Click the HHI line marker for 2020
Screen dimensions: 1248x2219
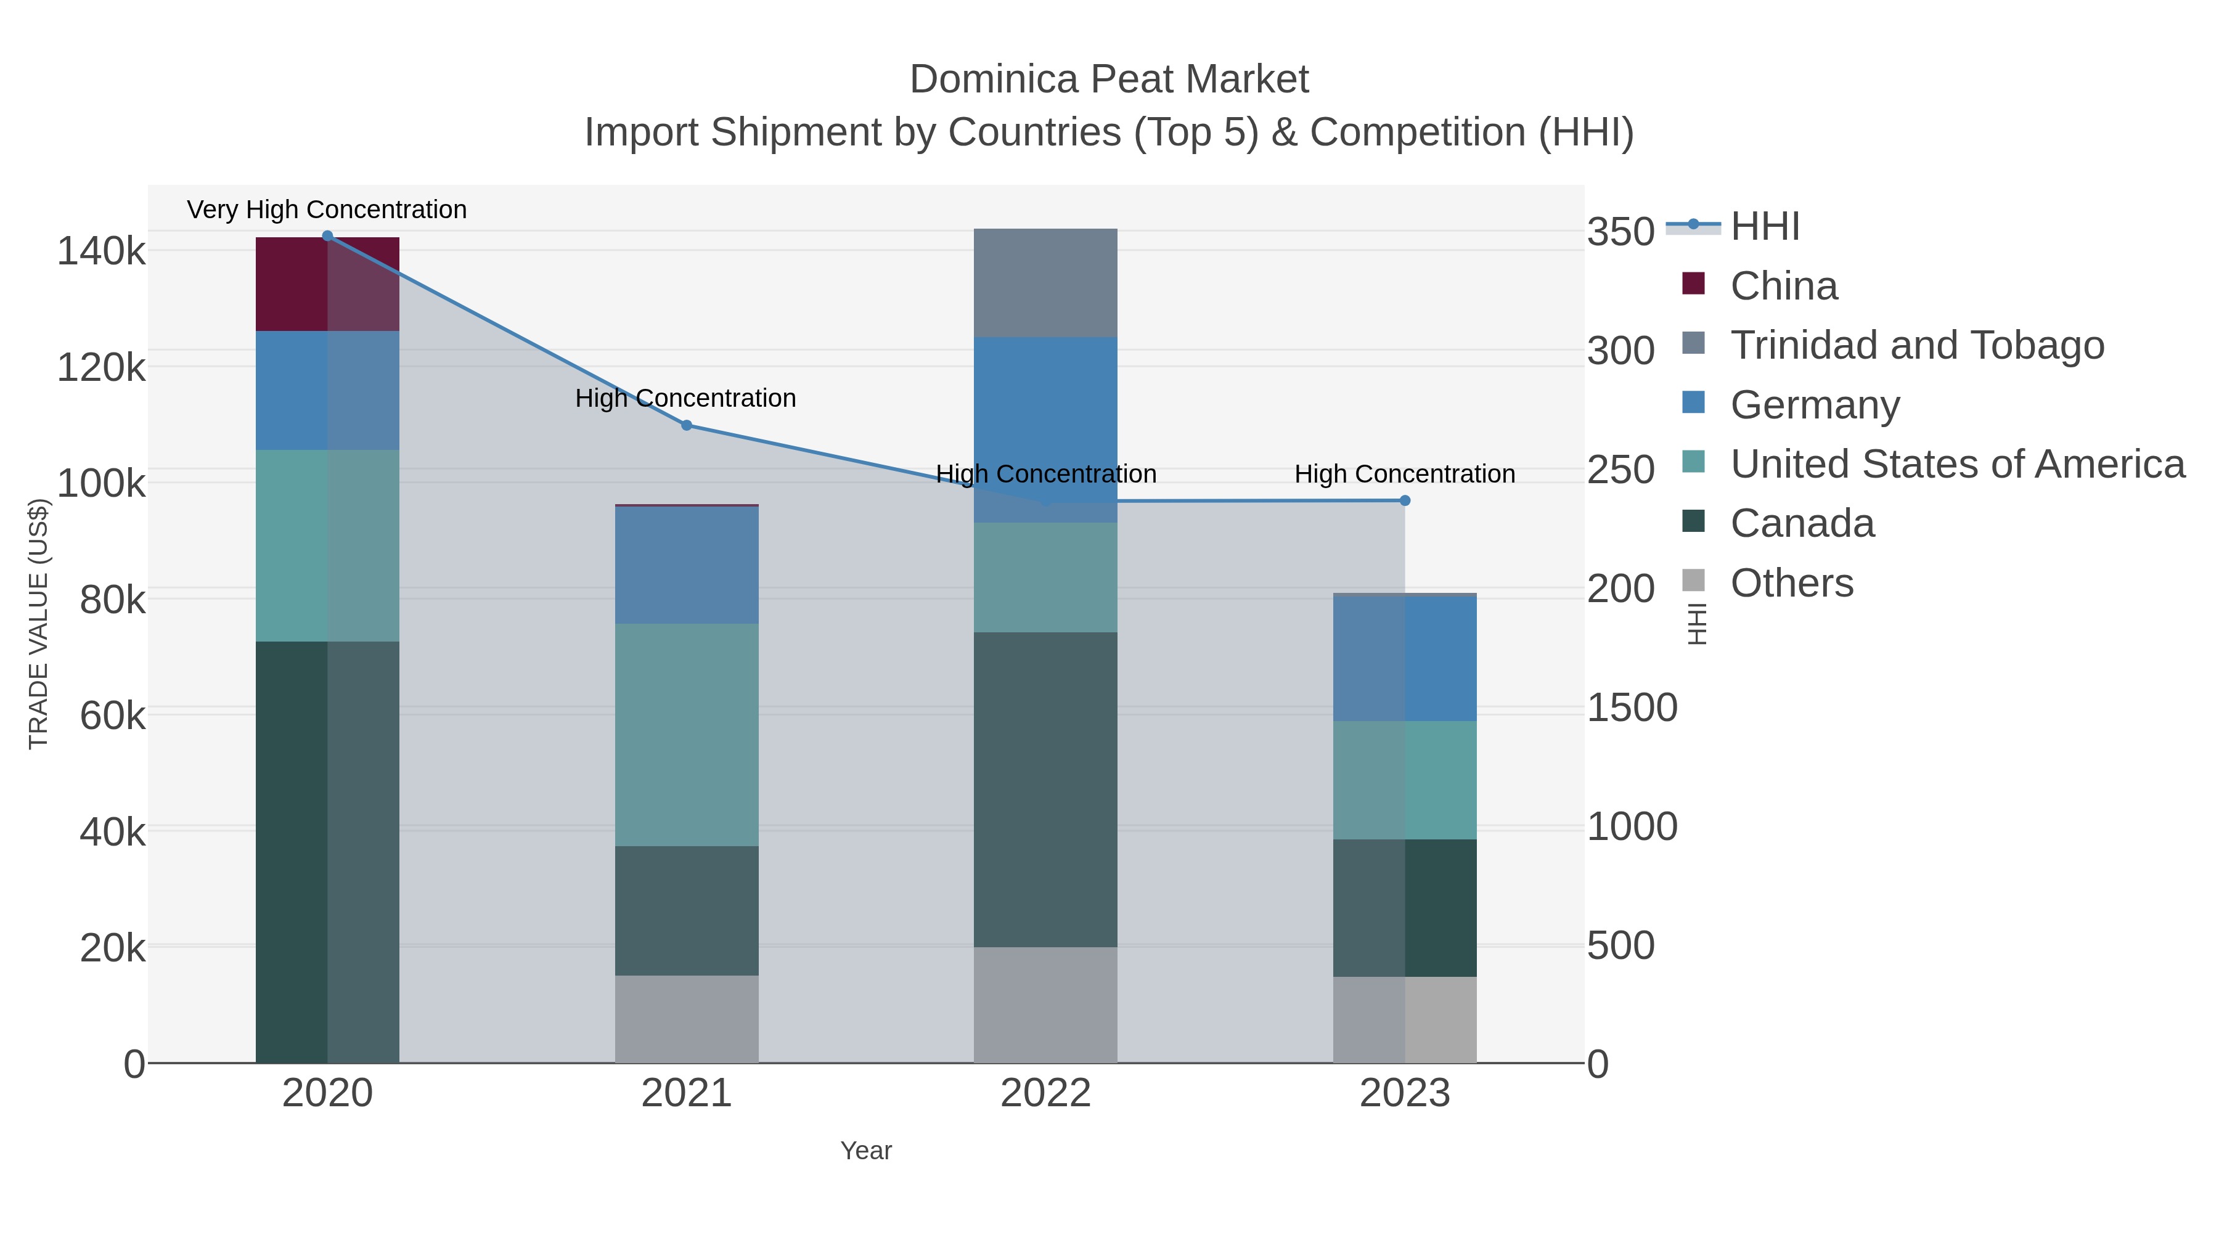click(x=327, y=236)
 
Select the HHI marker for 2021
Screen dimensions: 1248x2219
click(x=687, y=425)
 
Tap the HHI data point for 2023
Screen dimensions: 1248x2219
click(x=1405, y=500)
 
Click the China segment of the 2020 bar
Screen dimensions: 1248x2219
click(x=327, y=284)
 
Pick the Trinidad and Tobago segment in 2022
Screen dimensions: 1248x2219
click(x=1045, y=282)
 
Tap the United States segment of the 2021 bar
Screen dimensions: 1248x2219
click(x=687, y=735)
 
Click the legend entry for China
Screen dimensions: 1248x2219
click(x=1783, y=286)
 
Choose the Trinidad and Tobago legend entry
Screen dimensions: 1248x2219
click(x=1916, y=345)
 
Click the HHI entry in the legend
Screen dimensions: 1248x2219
click(x=1764, y=227)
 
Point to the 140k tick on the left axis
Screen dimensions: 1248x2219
click(x=101, y=251)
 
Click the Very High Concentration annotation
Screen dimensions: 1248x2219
click(x=327, y=210)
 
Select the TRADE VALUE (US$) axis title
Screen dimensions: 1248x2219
click(x=39, y=624)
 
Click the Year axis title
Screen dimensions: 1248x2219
click(x=866, y=1151)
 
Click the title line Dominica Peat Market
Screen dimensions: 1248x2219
click(x=1109, y=80)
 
